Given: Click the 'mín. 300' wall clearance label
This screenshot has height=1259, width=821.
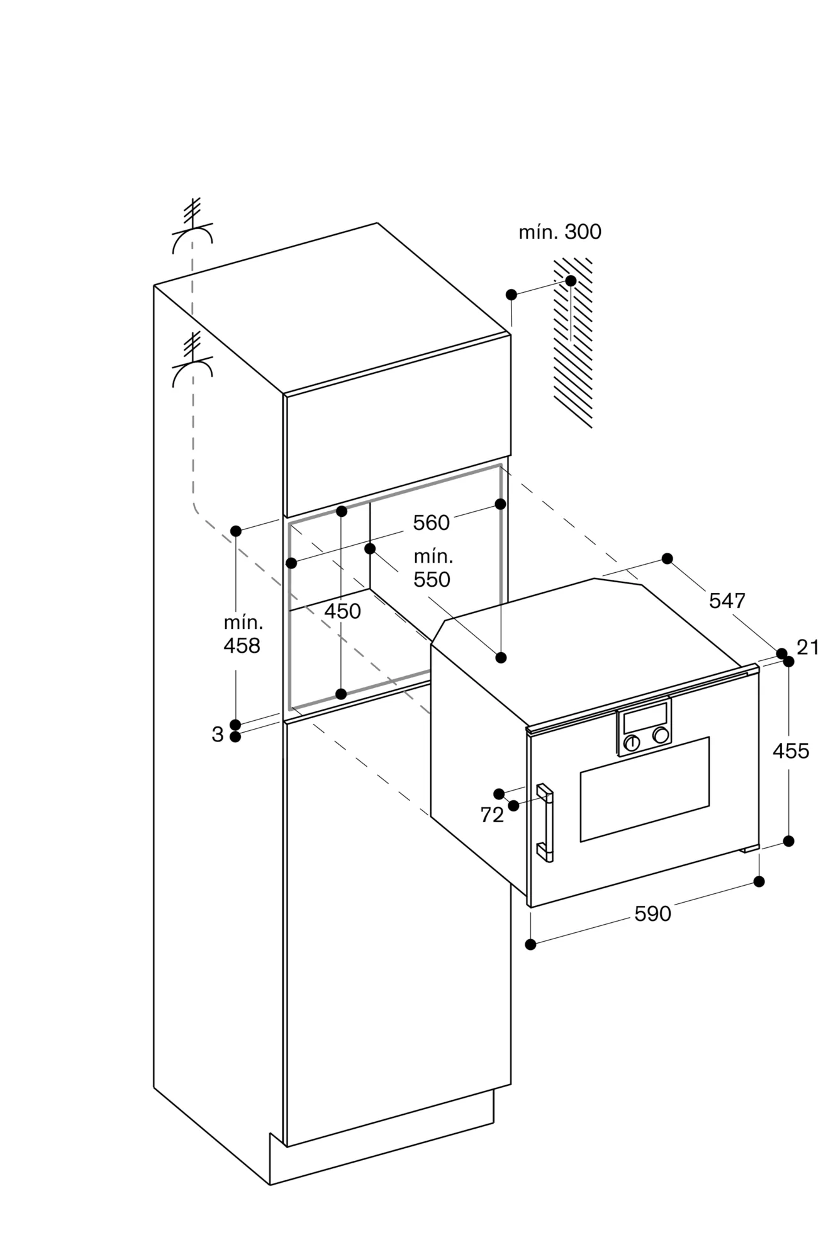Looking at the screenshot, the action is click(559, 232).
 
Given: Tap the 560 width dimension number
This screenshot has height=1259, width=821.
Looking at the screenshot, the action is click(432, 522).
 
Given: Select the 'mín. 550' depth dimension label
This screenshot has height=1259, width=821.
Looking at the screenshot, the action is click(433, 568).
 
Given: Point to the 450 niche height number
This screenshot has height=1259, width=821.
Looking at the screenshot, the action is click(343, 611).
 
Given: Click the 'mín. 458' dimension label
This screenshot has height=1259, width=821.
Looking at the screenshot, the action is click(243, 635).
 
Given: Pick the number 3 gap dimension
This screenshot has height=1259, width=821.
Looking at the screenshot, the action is click(218, 735).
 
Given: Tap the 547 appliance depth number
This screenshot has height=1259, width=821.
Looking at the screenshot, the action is click(727, 601).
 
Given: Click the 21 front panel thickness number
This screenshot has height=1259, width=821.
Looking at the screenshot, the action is click(807, 647).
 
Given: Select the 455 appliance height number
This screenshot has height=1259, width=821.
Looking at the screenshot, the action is click(791, 751).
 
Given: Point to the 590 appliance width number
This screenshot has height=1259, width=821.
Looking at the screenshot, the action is click(653, 914).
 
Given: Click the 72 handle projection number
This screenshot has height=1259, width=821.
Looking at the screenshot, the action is click(492, 815).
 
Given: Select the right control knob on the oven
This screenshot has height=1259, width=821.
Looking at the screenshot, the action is click(661, 735).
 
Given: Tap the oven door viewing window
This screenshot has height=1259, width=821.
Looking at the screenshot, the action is click(645, 789).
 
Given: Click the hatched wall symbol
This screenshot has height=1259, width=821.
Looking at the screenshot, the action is click(573, 342).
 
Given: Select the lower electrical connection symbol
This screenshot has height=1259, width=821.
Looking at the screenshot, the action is click(193, 359).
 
